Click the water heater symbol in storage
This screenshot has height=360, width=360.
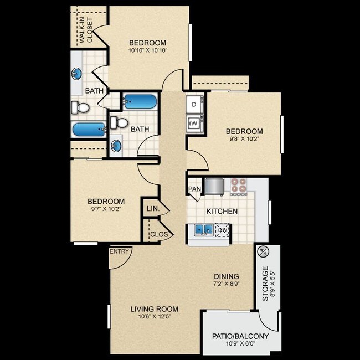[263, 251]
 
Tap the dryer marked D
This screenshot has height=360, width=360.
[195, 105]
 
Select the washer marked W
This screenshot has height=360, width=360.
[195, 124]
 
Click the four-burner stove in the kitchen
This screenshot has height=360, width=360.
[239, 187]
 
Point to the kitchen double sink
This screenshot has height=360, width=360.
[204, 230]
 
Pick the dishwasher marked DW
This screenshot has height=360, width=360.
[222, 230]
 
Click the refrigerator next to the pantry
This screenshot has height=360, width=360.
[214, 187]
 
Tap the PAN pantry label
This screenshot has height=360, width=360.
[195, 189]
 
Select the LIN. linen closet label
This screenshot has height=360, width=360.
[153, 209]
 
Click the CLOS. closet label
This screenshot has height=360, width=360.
[160, 234]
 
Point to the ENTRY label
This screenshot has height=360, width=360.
[119, 251]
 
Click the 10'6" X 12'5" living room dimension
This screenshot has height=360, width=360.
[155, 317]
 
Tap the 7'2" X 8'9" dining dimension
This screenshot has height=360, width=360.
[227, 284]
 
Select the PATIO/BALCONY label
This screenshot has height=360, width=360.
[240, 336]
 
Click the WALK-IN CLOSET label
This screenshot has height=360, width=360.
[86, 30]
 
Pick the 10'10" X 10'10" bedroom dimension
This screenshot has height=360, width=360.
[148, 50]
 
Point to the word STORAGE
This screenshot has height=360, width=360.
[265, 284]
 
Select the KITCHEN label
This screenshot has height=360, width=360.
[222, 212]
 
